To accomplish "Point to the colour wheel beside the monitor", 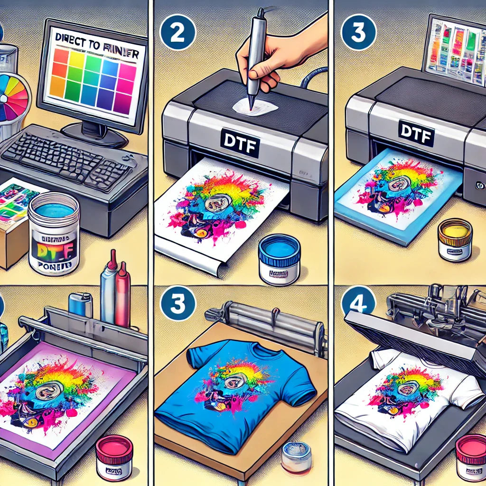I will coord(14,97).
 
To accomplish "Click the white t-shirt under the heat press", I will coord(408,399).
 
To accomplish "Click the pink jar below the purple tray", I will coord(114,457).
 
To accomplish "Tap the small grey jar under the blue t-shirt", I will coord(296,457).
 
